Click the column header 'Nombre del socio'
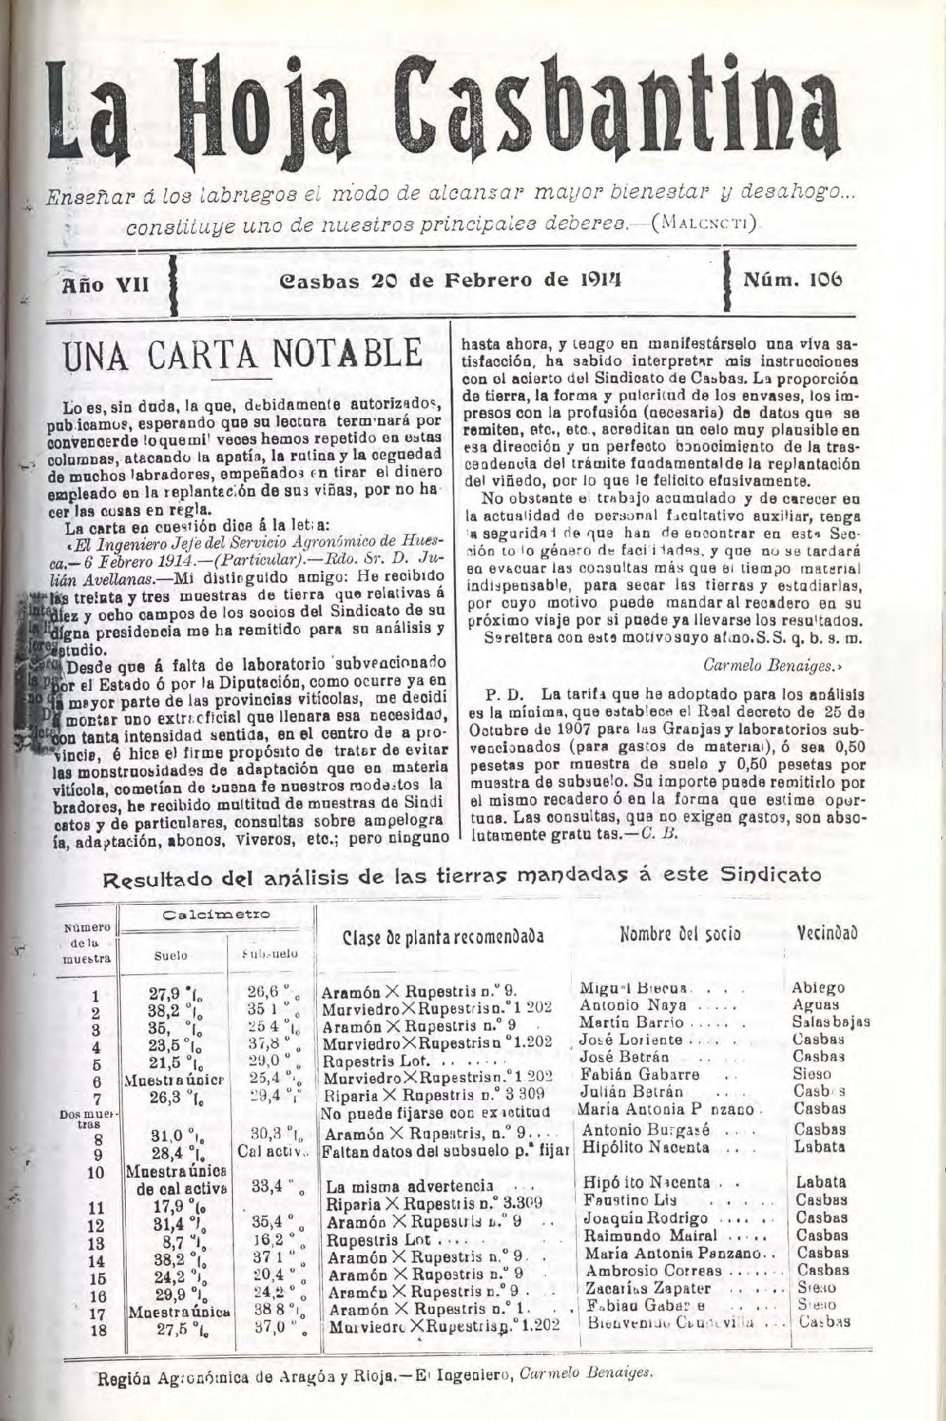(680, 933)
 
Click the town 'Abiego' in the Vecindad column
(819, 987)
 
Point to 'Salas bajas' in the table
(830, 1022)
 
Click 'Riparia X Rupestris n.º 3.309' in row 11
(433, 1202)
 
